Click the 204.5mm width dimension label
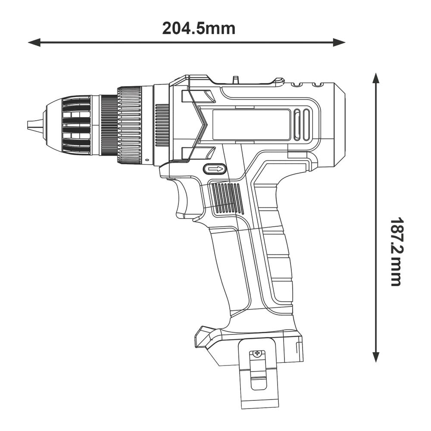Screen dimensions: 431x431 point(199,28)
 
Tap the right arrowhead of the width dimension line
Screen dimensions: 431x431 point(339,42)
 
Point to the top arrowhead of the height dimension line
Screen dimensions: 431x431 point(376,78)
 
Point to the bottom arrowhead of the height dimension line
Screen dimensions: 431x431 point(376,357)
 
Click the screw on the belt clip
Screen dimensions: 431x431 point(258,353)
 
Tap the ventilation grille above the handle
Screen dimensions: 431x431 point(227,198)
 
